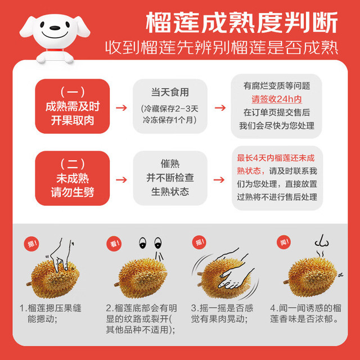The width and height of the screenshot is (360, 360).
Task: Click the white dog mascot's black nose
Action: click(x=55, y=28)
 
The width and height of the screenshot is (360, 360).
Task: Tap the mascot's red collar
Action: click(x=55, y=50)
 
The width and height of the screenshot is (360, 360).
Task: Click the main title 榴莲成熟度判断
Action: click(x=242, y=22)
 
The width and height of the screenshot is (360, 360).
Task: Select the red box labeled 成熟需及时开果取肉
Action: click(x=73, y=106)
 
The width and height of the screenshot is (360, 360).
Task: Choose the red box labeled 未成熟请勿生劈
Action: click(x=73, y=178)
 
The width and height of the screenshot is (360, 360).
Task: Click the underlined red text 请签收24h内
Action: click(x=276, y=99)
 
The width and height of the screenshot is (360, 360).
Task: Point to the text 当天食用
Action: click(x=170, y=92)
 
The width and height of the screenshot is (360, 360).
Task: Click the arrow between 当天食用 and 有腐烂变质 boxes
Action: click(x=220, y=107)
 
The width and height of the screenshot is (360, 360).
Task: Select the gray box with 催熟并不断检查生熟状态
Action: click(x=170, y=178)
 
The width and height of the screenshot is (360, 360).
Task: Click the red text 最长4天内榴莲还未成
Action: click(x=276, y=158)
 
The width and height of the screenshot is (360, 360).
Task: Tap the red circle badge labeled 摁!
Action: click(x=31, y=244)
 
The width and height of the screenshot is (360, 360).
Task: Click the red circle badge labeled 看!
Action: click(x=114, y=244)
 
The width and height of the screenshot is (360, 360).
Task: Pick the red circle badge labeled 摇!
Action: click(x=199, y=242)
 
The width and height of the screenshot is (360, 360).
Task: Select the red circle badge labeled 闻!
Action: click(x=284, y=242)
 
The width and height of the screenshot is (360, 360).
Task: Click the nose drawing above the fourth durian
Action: click(x=322, y=241)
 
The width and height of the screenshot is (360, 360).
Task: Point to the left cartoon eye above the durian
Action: click(x=142, y=243)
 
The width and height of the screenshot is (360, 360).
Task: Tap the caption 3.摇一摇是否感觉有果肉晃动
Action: click(x=222, y=313)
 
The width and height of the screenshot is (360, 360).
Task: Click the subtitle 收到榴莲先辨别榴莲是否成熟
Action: click(x=222, y=48)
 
